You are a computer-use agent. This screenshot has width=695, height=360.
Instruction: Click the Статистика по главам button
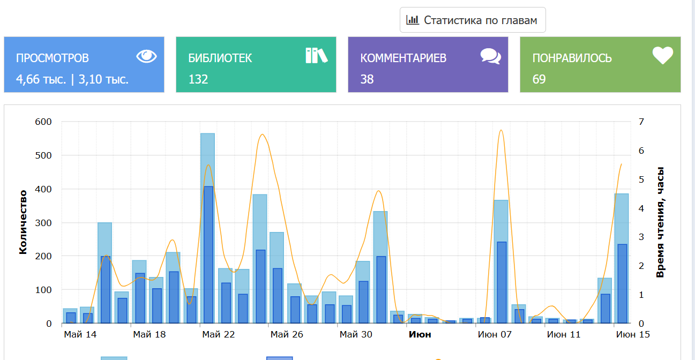[472, 20]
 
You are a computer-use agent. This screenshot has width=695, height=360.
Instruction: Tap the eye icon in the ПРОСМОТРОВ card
[146, 56]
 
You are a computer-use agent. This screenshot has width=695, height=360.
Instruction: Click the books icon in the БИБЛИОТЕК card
[316, 56]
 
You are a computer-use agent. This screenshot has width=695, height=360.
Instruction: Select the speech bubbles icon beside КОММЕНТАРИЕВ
[490, 56]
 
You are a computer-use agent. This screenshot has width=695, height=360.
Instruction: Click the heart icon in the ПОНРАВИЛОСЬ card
[662, 56]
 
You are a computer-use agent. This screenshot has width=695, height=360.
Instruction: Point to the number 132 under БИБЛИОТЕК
[198, 80]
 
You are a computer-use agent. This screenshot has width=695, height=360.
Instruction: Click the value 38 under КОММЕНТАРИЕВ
[367, 80]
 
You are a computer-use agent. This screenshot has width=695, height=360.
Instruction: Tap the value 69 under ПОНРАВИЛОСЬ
[539, 80]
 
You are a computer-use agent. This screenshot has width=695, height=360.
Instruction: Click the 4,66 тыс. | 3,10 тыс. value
[72, 80]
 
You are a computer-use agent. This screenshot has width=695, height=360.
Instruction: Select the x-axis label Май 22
[219, 335]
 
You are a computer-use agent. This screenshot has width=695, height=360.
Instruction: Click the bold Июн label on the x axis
[420, 335]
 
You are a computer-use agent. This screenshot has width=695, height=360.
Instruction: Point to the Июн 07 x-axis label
[495, 335]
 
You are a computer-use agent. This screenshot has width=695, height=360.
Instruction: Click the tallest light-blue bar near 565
[207, 161]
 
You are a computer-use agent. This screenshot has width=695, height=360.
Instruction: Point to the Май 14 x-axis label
[80, 335]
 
